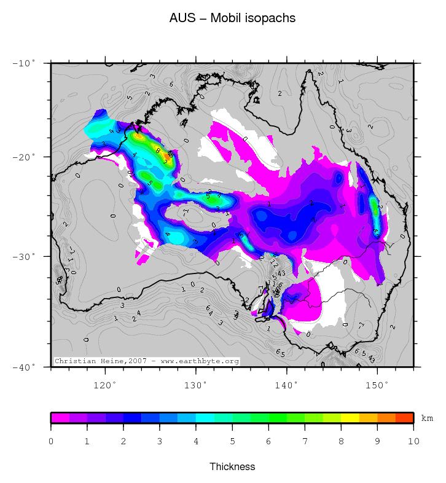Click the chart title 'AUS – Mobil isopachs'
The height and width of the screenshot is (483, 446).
232,18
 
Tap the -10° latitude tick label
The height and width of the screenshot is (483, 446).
25,63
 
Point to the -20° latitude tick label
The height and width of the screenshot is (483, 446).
25,157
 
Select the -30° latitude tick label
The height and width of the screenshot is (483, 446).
25,256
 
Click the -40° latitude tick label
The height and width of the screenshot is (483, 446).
25,367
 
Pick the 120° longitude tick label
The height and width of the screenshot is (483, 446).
105,385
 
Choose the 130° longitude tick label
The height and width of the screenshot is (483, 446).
195,385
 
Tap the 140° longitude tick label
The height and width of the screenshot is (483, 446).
286,385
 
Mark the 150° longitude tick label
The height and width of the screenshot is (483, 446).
377,385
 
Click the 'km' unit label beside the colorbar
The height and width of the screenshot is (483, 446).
427,418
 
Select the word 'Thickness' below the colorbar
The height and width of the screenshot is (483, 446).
232,467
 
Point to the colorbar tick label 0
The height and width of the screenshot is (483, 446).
51,441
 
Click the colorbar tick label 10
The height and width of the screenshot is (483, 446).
413,441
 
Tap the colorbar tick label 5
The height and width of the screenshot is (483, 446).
232,441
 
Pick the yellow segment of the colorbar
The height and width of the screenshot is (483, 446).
350,418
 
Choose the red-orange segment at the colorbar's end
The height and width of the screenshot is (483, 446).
404,418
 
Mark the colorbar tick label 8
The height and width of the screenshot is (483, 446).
341,441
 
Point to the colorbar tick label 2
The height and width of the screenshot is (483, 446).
123,441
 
